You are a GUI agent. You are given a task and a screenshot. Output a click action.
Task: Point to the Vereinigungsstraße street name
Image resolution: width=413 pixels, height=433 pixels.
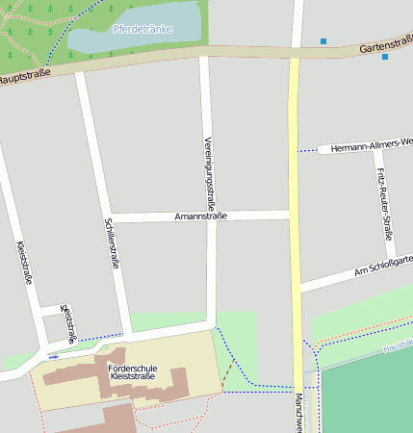[209, 173]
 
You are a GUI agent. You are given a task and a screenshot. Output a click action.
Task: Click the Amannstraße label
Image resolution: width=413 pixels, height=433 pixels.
[200, 216]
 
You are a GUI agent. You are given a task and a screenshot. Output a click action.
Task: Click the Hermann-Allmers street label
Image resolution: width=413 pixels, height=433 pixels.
[370, 143]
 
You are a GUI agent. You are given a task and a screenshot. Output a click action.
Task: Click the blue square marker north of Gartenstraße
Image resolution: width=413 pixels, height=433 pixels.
[323, 40]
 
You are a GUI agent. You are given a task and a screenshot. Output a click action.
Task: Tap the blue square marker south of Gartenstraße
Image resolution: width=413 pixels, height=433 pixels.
[385, 57]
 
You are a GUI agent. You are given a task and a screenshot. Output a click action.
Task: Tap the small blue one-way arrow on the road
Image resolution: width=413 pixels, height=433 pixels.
[53, 356]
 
